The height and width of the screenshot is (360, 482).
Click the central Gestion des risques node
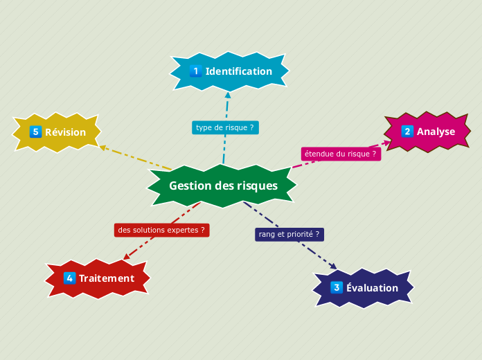click(x=222, y=186)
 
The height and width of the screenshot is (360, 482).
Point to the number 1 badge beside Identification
click(x=195, y=71)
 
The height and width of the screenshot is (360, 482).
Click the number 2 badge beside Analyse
click(x=407, y=132)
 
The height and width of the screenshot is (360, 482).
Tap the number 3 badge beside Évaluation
click(x=337, y=288)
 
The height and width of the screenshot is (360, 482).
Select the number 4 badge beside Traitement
click(x=69, y=278)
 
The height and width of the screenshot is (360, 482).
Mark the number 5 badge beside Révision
click(x=36, y=132)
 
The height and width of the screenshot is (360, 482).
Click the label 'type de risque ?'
click(x=225, y=127)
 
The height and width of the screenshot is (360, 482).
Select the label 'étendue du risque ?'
click(x=341, y=154)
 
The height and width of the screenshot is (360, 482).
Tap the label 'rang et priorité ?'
click(x=289, y=234)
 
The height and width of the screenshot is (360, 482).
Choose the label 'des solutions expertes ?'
click(x=161, y=230)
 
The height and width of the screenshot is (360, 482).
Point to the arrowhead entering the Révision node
click(x=102, y=147)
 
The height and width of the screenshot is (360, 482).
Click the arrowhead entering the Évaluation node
click(x=333, y=266)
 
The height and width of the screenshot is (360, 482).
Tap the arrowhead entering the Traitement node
click(x=127, y=257)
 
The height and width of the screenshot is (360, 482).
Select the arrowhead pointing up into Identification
click(x=228, y=95)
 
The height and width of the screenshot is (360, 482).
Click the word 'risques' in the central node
click(x=257, y=186)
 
